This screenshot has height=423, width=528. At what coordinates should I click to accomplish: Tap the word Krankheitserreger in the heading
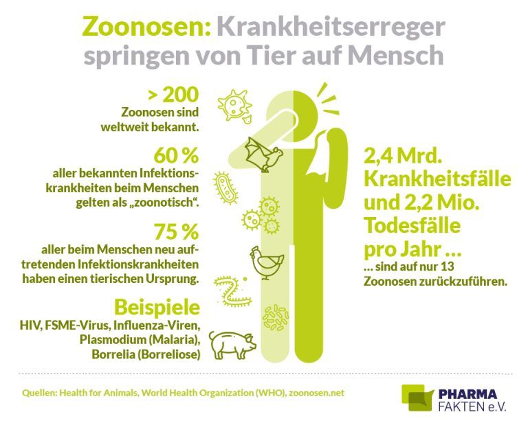click(331, 27)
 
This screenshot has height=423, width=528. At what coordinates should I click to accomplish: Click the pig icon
click(232, 341)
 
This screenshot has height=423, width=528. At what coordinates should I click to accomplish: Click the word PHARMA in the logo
click(470, 393)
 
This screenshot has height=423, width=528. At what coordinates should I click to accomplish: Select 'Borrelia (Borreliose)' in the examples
click(145, 354)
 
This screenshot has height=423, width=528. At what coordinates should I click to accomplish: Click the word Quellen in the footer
click(35, 393)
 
